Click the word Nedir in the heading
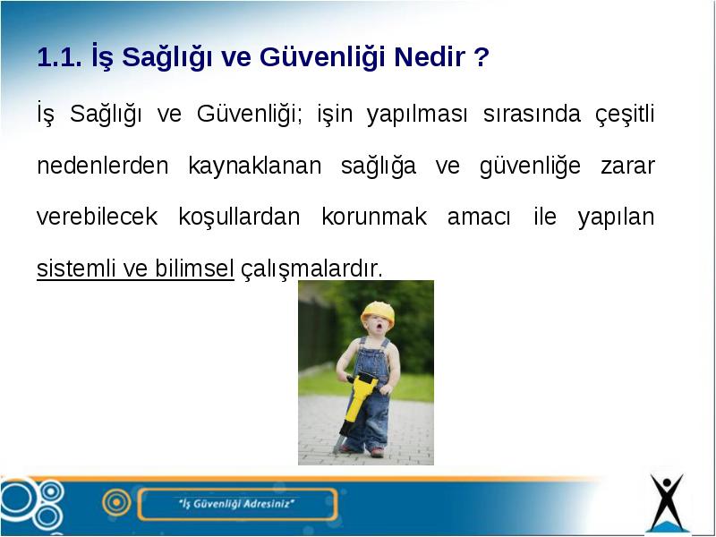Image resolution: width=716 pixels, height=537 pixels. tap(430, 57)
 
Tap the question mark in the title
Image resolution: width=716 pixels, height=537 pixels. tap(482, 57)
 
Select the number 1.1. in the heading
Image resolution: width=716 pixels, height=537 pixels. tap(60, 57)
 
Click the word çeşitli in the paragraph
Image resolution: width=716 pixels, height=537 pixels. tap(625, 115)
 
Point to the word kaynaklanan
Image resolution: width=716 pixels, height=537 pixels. tap(255, 166)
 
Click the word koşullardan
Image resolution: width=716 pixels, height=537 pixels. tap(239, 217)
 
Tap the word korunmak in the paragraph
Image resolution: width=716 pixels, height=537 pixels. tap(374, 217)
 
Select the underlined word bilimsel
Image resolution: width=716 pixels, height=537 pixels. tap(194, 268)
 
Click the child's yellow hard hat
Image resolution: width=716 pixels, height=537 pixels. tap(378, 312)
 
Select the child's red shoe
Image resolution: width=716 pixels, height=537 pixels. tap(377, 453)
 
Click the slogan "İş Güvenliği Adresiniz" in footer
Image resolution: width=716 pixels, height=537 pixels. tap(236, 504)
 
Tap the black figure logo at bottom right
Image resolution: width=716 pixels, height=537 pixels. tap(667, 503)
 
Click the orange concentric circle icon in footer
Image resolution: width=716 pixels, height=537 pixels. tap(117, 503)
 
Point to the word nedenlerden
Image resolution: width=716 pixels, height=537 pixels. tap(103, 166)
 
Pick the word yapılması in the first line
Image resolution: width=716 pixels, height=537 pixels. tap(417, 115)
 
